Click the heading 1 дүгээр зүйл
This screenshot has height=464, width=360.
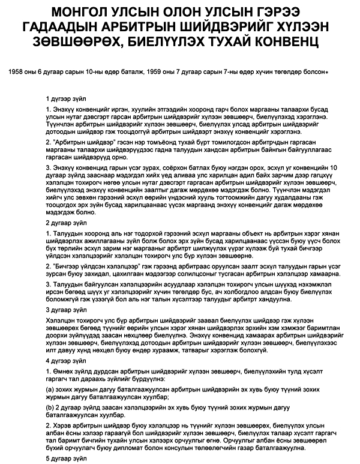click(65, 97)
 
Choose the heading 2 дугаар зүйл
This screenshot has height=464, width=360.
click(65, 223)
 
